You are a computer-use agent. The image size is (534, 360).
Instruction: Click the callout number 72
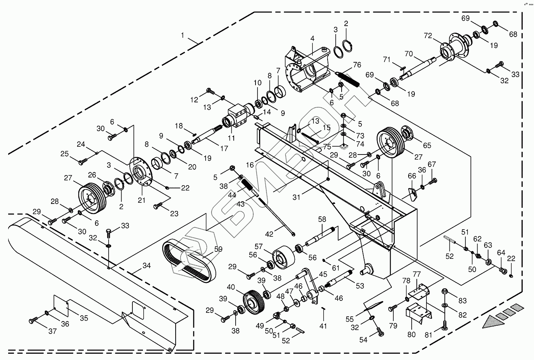click(428, 36)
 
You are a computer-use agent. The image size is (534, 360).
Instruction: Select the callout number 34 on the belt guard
click(146, 266)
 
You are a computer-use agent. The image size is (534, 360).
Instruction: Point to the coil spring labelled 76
click(349, 79)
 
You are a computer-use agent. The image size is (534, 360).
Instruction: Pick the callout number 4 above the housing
click(312, 39)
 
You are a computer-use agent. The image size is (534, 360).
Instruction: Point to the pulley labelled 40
click(253, 301)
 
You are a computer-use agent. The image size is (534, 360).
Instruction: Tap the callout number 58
click(322, 220)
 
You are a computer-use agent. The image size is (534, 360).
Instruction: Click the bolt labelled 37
click(33, 320)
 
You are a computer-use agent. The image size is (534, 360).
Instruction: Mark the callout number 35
click(84, 318)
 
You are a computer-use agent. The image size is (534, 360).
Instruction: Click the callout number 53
click(360, 286)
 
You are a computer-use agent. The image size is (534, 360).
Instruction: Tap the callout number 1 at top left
click(183, 35)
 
